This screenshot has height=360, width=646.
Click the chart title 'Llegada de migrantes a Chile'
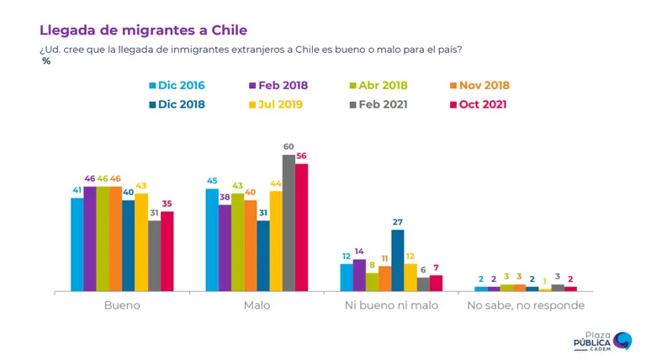(x=143, y=30)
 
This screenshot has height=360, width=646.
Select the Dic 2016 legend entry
(x=177, y=85)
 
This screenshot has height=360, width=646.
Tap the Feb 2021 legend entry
(x=379, y=104)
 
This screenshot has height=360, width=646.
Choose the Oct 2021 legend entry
(x=479, y=104)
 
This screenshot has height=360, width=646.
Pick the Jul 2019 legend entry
(x=276, y=104)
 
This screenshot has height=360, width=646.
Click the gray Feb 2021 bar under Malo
(x=289, y=223)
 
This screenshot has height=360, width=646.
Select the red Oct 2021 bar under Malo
(x=302, y=227)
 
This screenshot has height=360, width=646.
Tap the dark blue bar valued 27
(x=398, y=260)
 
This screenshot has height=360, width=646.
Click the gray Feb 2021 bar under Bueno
(x=155, y=256)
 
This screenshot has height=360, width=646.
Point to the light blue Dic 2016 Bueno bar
(x=77, y=245)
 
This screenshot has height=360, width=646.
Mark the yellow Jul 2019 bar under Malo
(x=276, y=241)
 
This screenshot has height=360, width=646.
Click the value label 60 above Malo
(x=289, y=146)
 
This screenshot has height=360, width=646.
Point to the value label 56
(x=302, y=156)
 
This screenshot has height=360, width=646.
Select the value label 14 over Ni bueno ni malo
(x=359, y=251)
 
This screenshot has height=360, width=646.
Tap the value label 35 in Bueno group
(x=167, y=204)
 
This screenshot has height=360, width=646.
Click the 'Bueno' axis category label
(x=122, y=305)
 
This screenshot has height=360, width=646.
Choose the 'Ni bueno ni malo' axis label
(x=391, y=305)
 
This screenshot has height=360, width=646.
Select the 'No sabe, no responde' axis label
(x=526, y=305)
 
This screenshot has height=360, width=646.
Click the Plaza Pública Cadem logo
(x=602, y=341)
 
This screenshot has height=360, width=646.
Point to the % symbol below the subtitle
(x=46, y=61)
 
